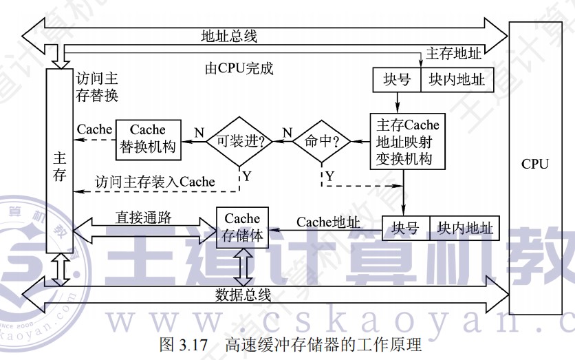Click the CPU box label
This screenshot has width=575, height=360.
534,164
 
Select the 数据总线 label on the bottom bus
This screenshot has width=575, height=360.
243,295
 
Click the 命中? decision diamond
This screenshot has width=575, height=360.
321,141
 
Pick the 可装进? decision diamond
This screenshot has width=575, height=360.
240,141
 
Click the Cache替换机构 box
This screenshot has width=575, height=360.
148,138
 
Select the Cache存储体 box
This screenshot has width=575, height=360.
242,227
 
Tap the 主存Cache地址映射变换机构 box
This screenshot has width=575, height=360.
408,142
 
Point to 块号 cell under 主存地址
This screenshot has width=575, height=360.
397,80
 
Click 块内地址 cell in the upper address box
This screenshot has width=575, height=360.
456,80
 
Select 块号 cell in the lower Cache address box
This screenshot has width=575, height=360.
406,228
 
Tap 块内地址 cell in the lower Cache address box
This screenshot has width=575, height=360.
465,228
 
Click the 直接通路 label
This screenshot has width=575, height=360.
143,217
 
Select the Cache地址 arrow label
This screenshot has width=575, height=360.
328,222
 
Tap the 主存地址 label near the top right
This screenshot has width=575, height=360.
454,53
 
